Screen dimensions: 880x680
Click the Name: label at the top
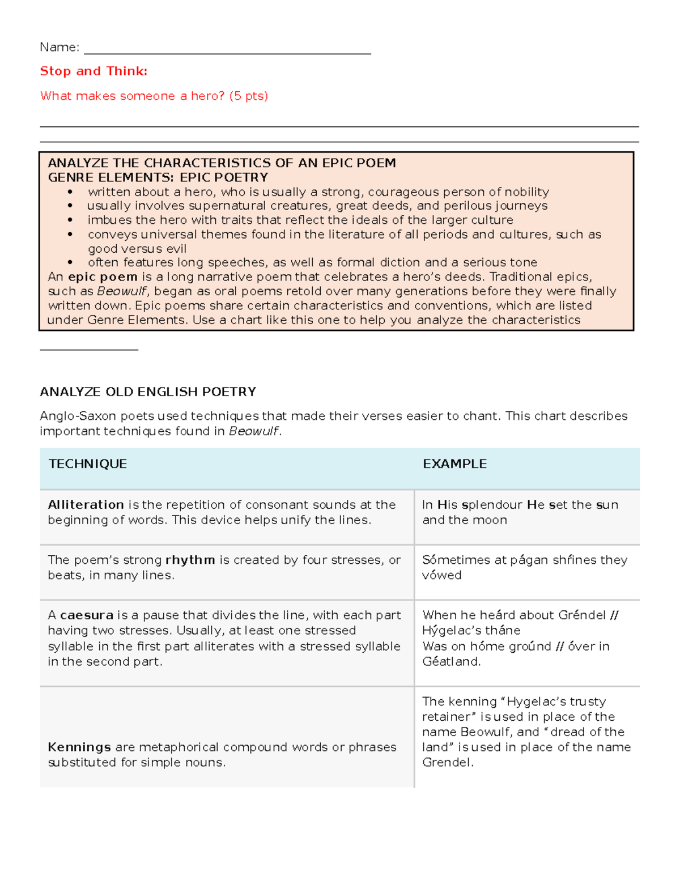point(59,47)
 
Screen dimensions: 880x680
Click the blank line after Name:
point(227,50)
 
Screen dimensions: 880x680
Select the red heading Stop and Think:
point(93,71)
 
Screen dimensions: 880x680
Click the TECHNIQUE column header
point(88,464)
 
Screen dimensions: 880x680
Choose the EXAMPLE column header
point(454,464)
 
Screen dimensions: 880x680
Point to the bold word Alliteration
point(86,505)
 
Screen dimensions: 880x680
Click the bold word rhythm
point(190,560)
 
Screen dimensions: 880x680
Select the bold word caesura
point(87,615)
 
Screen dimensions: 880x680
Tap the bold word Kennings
point(79,747)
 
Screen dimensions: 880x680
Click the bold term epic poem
point(103,277)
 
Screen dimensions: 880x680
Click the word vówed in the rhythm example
point(442,576)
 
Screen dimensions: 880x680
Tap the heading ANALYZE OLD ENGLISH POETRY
point(148,392)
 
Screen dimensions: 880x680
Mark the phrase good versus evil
point(137,249)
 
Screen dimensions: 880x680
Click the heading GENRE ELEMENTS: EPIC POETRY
point(158,178)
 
